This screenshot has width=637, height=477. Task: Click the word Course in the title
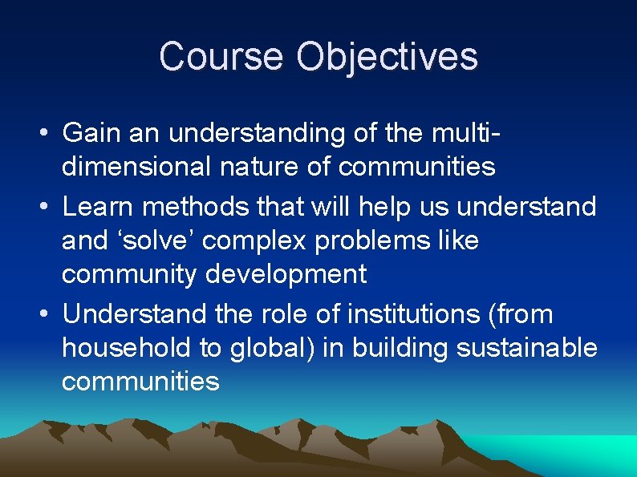point(221,57)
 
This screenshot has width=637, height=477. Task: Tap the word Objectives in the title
point(387,57)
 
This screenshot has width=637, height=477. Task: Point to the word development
point(286,275)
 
